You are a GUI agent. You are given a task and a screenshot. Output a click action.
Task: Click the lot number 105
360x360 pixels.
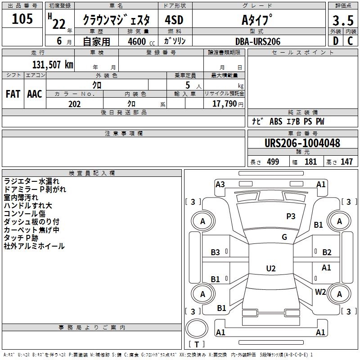(22, 19)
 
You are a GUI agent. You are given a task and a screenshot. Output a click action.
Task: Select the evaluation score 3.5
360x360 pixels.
(343, 20)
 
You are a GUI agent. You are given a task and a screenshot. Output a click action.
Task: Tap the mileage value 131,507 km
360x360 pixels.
(53, 65)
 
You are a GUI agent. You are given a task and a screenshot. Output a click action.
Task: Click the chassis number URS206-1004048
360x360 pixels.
(302, 143)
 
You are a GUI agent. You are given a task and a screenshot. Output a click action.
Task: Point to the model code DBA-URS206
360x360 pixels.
(258, 41)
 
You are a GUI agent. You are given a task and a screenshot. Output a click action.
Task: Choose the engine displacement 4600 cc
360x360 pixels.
(141, 41)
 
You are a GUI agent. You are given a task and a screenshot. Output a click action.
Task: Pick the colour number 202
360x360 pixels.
(74, 104)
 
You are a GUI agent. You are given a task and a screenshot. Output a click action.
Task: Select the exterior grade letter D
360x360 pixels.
(336, 41)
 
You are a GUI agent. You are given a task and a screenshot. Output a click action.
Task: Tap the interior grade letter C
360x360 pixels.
(350, 41)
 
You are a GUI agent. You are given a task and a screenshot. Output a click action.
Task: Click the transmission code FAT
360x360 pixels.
(13, 94)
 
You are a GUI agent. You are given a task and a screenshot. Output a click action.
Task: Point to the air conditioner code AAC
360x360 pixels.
(35, 94)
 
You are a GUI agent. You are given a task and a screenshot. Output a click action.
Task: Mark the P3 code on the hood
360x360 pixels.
(291, 216)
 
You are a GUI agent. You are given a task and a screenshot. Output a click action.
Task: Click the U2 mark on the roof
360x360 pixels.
(271, 268)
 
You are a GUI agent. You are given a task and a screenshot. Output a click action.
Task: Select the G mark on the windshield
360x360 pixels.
(284, 237)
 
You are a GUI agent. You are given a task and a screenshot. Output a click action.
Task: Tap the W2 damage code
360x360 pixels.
(320, 292)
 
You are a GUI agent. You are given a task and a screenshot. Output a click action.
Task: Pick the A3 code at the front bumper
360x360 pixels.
(220, 184)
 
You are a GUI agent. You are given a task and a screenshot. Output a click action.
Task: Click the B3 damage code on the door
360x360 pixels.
(215, 252)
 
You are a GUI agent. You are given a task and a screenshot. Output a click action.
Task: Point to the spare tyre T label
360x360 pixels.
(197, 344)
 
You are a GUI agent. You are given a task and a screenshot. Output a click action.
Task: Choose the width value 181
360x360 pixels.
(310, 162)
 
